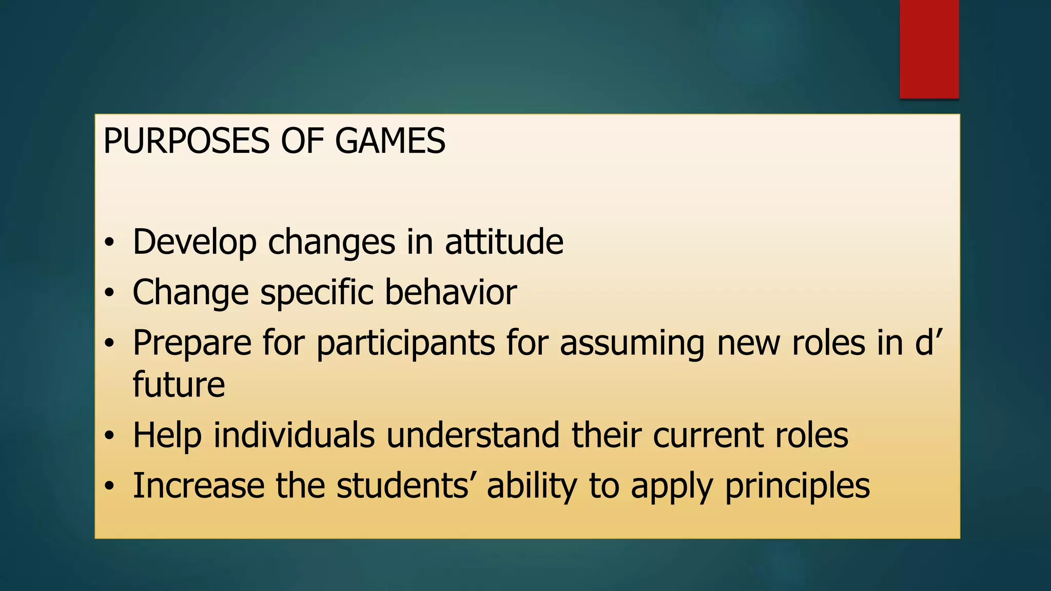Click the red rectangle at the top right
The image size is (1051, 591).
pos(929,49)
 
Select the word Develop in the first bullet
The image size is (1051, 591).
pos(194,242)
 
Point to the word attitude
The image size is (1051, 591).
pos(504,242)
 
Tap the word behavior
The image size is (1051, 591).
pos(451,292)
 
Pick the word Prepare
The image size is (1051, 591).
pos(192,343)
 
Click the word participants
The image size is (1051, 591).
pos(405,343)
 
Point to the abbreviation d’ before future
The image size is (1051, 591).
pos(929,342)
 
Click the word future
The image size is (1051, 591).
pos(179,384)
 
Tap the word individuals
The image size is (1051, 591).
pos(294,435)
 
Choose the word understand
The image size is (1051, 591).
pos(473,435)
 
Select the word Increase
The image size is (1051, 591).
pos(199,485)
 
